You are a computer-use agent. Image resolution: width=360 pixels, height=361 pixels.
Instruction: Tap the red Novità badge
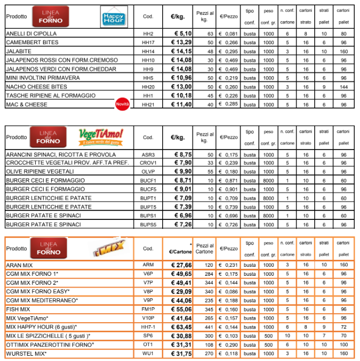(122, 103)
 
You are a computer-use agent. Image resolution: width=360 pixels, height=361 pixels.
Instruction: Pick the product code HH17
(148, 42)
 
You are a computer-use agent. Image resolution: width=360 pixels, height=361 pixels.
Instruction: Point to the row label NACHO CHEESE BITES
(37, 87)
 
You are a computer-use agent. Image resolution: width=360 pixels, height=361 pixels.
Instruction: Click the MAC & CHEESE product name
(27, 104)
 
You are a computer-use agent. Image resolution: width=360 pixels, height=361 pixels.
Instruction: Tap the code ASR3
(148, 154)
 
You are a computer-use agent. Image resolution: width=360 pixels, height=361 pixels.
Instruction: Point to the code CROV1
(148, 163)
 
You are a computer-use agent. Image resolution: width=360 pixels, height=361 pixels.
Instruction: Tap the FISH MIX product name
(18, 309)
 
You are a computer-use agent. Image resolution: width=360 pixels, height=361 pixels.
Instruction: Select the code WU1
(148, 353)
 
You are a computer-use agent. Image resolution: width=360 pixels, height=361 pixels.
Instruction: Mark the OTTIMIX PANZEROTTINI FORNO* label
(50, 344)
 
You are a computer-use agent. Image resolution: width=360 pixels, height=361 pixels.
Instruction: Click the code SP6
(148, 335)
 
